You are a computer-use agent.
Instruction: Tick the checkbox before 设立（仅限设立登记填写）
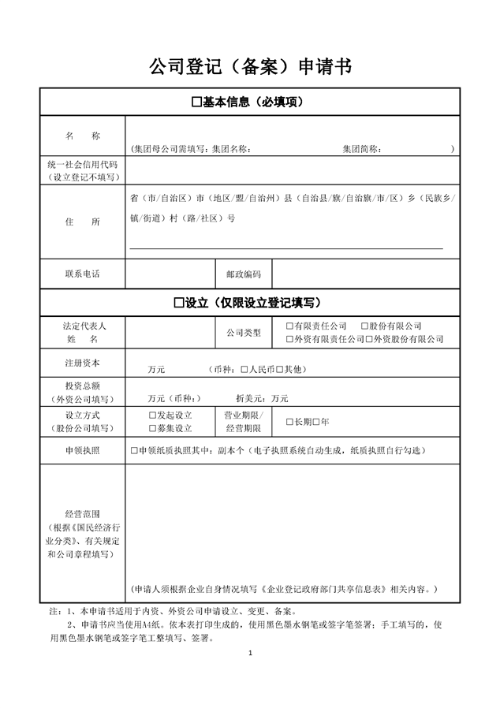[x=179, y=303]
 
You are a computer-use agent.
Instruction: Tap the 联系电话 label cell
[x=83, y=274]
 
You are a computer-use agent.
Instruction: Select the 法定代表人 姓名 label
[x=83, y=332]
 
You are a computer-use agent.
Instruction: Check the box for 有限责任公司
[x=290, y=326]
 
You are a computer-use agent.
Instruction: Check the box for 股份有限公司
[x=364, y=326]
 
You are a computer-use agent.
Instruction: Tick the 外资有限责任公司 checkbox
[x=290, y=339]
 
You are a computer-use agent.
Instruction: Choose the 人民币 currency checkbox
[x=244, y=369]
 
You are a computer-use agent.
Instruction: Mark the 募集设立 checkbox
[x=152, y=428]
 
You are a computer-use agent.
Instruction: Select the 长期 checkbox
[x=290, y=422]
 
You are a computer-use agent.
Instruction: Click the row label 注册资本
[x=83, y=363]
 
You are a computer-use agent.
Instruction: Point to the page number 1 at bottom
[x=249, y=654]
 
